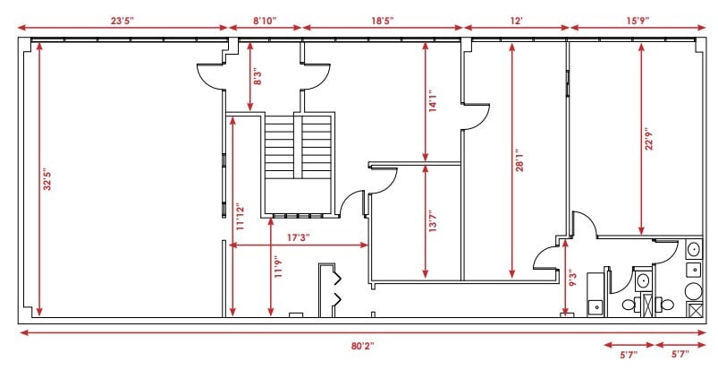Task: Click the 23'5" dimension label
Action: tap(122, 21)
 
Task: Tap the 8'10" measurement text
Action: tap(266, 21)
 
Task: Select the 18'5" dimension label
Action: tap(382, 21)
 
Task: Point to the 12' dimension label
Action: tap(516, 21)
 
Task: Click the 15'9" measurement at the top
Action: tap(638, 21)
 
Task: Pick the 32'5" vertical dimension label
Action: tap(47, 181)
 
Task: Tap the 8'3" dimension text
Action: tap(258, 76)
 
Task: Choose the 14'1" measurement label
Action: tap(433, 102)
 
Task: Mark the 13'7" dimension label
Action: tap(433, 220)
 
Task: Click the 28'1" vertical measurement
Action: tap(519, 160)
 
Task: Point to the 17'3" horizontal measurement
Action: tap(299, 237)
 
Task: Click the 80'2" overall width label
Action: tap(363, 345)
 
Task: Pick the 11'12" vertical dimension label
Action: tap(241, 216)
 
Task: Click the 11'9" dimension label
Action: tap(278, 267)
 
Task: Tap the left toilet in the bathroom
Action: tap(629, 304)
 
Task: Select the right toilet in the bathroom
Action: tap(667, 304)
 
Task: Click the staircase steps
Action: tap(299, 147)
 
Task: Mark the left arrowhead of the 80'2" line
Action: tap(24, 332)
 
